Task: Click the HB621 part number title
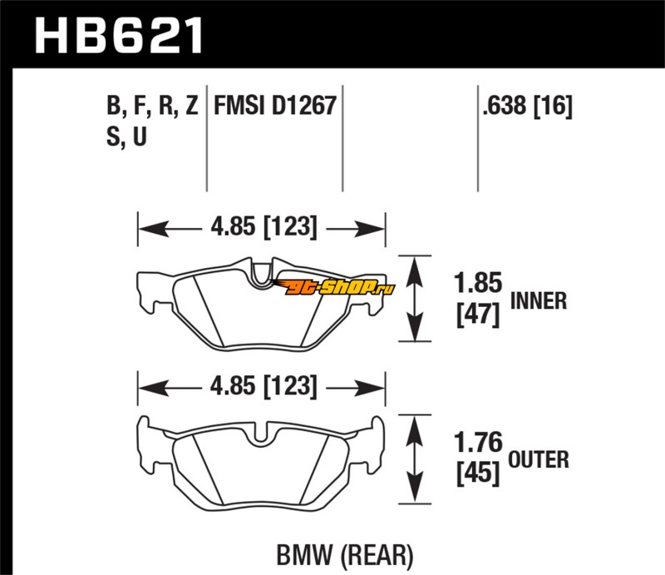(119, 35)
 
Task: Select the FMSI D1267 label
(275, 106)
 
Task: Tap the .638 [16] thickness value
(527, 106)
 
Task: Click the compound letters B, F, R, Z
(152, 106)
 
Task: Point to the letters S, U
(126, 136)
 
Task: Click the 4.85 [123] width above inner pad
(264, 227)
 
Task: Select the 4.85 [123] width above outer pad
(264, 386)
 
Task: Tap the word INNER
(538, 301)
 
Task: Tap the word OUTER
(538, 460)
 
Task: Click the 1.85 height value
(478, 283)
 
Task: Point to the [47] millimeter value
(478, 315)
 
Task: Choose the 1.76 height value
(478, 442)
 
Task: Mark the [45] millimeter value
(478, 473)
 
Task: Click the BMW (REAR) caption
(345, 556)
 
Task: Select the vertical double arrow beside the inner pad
(415, 299)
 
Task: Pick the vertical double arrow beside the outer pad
(415, 459)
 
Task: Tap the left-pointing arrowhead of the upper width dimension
(154, 230)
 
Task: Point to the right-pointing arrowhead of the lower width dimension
(370, 388)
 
